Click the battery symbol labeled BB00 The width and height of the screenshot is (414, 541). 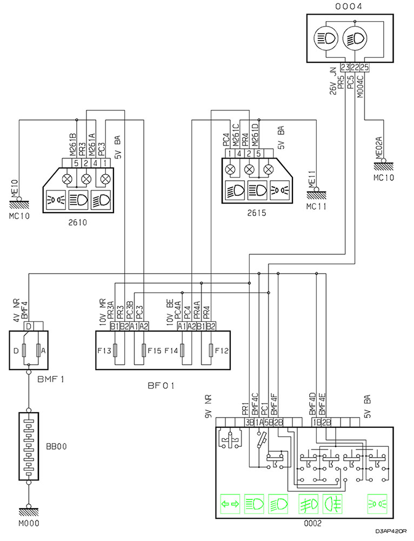tap(29, 446)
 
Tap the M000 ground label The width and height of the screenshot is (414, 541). tap(29, 523)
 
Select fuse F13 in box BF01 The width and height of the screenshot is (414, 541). tap(117, 351)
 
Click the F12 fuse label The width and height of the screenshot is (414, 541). tap(222, 351)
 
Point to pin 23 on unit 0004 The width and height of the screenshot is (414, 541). tap(345, 67)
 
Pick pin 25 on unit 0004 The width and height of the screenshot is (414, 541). tap(364, 67)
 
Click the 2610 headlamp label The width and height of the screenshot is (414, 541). tap(78, 222)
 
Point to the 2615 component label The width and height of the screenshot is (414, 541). tap(257, 213)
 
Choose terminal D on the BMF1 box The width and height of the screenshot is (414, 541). tap(28, 326)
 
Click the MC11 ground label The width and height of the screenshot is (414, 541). tap(317, 207)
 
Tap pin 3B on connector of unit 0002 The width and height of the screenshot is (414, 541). tap(249, 421)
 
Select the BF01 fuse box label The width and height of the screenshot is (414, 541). tap(161, 385)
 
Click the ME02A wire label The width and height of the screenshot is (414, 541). tap(379, 148)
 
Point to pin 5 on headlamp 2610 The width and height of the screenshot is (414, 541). tap(76, 162)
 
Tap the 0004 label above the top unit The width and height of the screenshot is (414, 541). tap(350, 6)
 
